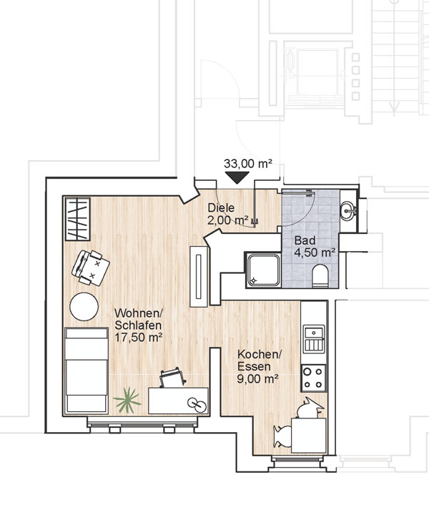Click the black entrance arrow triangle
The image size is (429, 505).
(237, 177)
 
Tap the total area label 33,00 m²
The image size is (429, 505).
(248, 164)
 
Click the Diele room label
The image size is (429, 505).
(221, 207)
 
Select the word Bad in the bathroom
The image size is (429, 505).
(305, 240)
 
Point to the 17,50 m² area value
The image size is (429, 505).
(138, 337)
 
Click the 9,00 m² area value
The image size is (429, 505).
(257, 379)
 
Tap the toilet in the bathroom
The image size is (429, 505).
(320, 275)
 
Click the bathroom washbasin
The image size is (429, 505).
(348, 210)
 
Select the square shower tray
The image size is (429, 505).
(263, 270)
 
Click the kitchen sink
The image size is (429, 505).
(314, 339)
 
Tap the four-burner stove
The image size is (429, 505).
(313, 378)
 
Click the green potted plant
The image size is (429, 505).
(127, 400)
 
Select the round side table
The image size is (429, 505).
(84, 306)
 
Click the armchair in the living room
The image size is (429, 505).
(90, 268)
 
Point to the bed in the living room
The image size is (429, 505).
(87, 371)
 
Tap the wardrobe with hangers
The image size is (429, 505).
(77, 219)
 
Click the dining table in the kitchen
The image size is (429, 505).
(309, 435)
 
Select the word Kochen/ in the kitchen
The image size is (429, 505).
(260, 355)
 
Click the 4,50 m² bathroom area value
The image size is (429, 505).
(315, 252)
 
